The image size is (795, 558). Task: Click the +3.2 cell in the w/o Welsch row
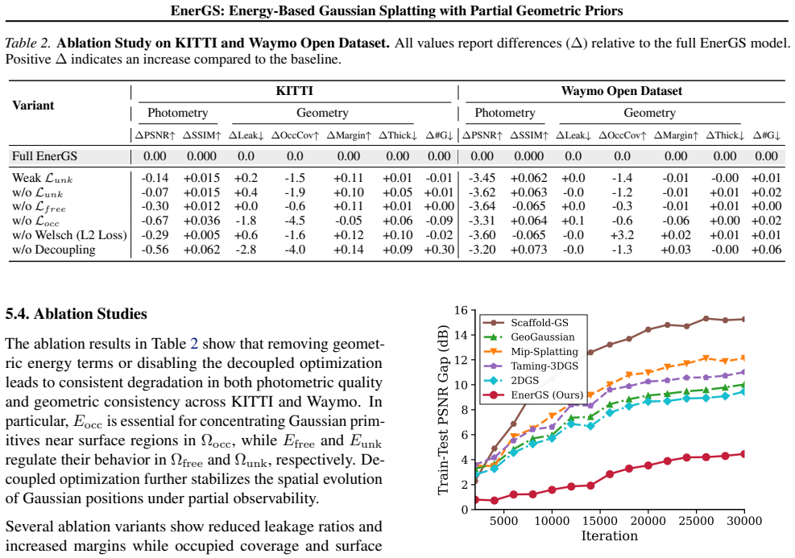tap(622, 235)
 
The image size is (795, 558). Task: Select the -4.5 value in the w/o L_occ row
tap(295, 221)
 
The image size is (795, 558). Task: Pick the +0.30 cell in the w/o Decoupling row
tap(439, 250)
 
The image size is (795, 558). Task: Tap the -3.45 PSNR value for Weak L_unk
tap(482, 178)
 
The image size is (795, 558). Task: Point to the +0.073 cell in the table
tap(529, 250)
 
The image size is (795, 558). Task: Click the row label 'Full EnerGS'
tap(44, 156)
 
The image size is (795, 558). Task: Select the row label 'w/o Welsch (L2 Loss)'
tap(69, 235)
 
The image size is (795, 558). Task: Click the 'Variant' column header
tap(33, 105)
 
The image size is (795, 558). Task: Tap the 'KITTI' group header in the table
tap(295, 91)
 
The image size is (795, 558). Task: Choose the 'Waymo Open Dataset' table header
tap(622, 91)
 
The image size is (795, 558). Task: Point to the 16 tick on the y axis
tap(461, 310)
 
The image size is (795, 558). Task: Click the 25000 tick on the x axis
tap(696, 521)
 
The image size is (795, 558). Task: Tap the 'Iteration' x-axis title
tap(610, 535)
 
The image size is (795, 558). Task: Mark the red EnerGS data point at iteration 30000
tap(743, 454)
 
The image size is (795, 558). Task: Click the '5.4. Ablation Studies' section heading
tap(76, 314)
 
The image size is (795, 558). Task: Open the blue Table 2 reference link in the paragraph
tap(193, 344)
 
